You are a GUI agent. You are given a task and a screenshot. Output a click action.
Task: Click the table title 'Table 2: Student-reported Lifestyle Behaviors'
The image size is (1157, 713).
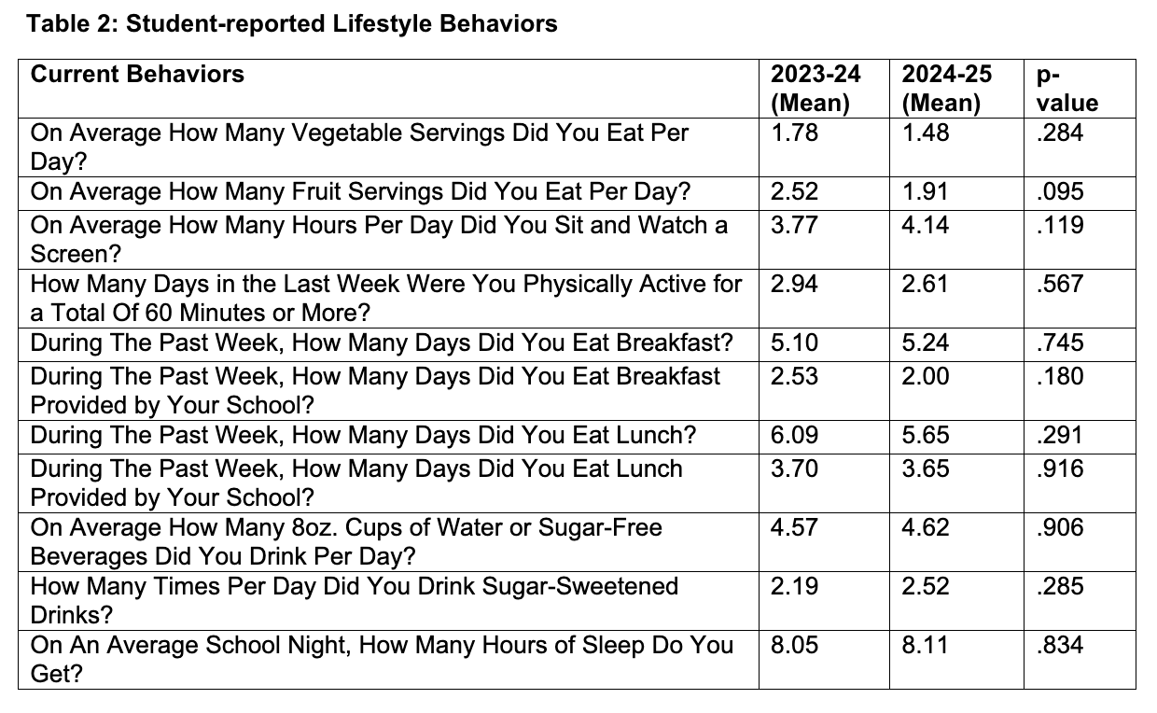pos(292,24)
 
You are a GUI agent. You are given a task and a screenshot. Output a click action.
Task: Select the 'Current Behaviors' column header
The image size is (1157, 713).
pos(137,75)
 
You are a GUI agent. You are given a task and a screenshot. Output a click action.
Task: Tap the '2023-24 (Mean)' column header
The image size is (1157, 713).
pos(815,89)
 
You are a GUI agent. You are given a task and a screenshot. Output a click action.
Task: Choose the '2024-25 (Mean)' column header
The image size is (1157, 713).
pos(947,89)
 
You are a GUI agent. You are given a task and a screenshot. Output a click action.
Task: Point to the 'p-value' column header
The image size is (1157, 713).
pos(1067,89)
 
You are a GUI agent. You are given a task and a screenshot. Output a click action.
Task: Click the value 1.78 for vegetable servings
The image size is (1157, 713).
pos(794,133)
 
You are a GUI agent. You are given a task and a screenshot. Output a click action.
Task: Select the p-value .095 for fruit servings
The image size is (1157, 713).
pos(1060,191)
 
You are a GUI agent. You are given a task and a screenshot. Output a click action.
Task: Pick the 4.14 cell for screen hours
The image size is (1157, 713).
pos(925,225)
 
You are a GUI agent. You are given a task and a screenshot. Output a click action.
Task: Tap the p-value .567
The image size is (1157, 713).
pos(1060,284)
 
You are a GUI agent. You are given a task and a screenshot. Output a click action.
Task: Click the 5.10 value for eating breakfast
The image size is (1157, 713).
pos(794,343)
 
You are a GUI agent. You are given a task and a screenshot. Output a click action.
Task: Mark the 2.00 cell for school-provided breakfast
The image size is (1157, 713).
pos(925,376)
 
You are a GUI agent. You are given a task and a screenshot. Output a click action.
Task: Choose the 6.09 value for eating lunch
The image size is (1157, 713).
pos(794,435)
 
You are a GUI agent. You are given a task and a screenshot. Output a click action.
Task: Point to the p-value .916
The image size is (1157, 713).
pos(1060,468)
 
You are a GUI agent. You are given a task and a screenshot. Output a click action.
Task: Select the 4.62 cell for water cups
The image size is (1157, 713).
pos(925,527)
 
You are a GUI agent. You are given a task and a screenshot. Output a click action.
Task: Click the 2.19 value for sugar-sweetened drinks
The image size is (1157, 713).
pos(794,586)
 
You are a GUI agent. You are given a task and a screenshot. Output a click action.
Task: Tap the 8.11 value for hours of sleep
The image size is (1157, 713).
pos(925,645)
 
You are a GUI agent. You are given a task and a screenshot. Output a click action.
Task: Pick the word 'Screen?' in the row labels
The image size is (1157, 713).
pos(76,254)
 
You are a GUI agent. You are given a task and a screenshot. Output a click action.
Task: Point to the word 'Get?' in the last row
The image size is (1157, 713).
pos(56,674)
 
